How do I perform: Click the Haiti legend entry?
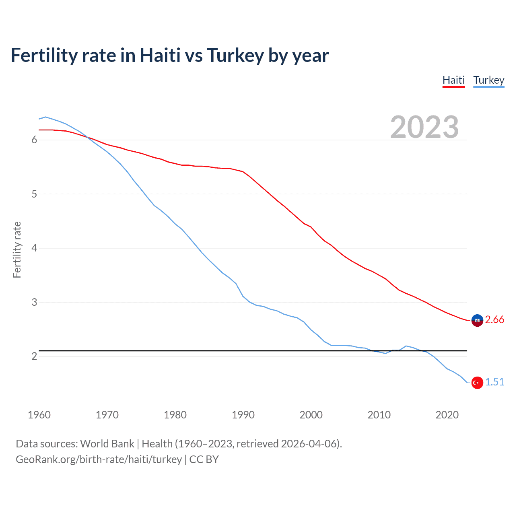(453, 80)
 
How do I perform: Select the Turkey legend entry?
(488, 80)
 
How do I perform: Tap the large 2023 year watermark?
(424, 127)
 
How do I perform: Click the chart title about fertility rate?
(170, 55)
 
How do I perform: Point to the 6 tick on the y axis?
(34, 140)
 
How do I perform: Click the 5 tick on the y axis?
(34, 194)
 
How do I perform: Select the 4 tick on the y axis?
(34, 248)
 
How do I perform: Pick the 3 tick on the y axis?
(34, 302)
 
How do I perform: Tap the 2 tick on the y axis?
(34, 356)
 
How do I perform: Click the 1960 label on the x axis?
(39, 415)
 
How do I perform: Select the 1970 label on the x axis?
(107, 415)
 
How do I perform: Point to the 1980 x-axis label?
(175, 415)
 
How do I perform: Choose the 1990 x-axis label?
(243, 415)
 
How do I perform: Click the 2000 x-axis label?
(311, 415)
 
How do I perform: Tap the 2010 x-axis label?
(379, 415)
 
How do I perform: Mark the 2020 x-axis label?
(447, 415)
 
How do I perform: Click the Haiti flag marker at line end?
(477, 320)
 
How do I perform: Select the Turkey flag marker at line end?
(477, 383)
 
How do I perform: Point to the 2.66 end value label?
(494, 320)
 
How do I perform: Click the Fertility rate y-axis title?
(17, 249)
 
